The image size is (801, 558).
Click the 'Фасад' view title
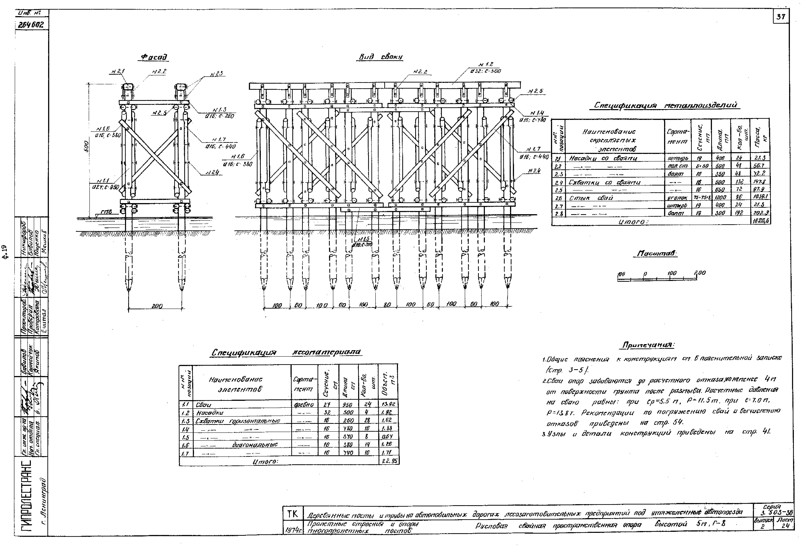(154, 57)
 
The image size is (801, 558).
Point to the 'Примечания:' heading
(648, 345)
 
